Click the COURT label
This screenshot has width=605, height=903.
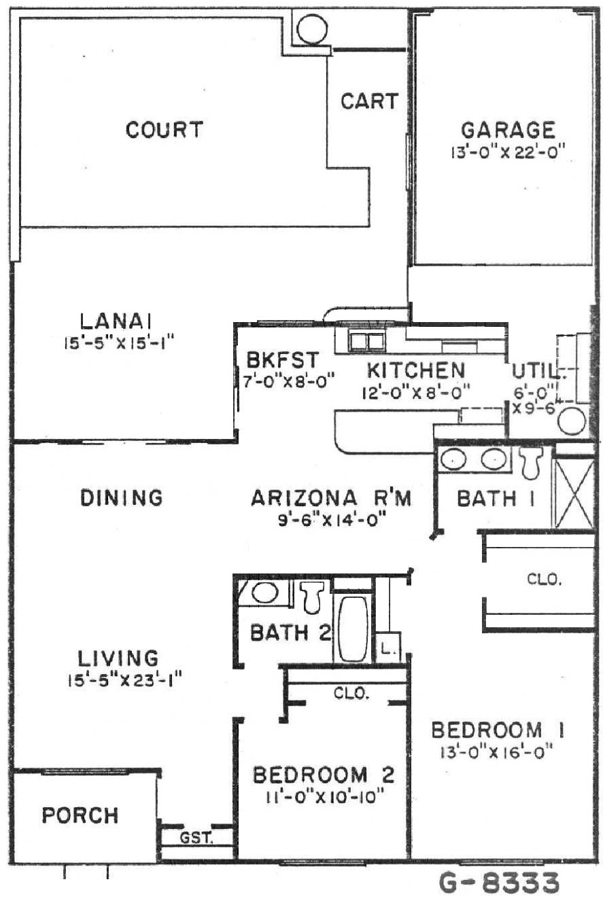tap(164, 130)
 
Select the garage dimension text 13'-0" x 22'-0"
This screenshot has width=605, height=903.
tap(507, 153)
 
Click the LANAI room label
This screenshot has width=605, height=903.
tap(116, 321)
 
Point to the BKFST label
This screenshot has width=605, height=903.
tap(283, 359)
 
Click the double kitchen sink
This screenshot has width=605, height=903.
tap(366, 342)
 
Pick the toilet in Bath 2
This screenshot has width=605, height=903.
tap(313, 597)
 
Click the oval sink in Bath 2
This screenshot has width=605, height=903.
tap(264, 592)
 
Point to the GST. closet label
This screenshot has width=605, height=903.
tap(196, 838)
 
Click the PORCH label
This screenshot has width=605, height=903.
tap(80, 815)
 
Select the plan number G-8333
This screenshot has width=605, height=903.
tap(500, 883)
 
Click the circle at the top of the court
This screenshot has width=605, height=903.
tap(311, 29)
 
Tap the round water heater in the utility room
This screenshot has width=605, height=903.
tap(572, 421)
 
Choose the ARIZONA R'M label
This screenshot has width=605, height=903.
tap(331, 498)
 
